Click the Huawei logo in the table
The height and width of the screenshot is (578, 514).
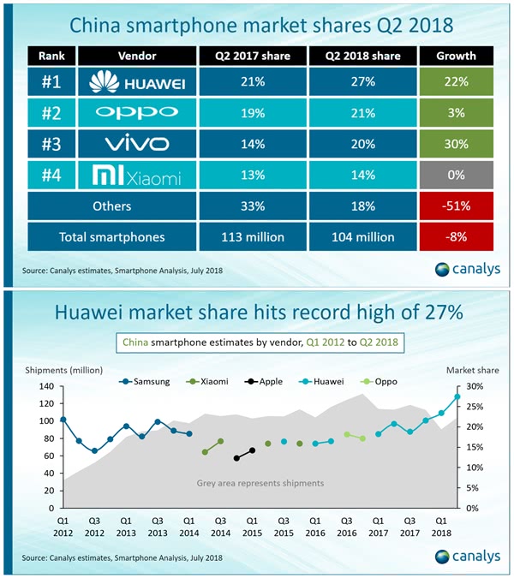[136, 83]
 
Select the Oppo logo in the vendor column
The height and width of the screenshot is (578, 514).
[136, 112]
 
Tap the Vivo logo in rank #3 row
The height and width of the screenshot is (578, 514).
[136, 142]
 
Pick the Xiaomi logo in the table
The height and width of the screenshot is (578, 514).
[136, 177]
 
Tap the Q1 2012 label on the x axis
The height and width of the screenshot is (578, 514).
[63, 525]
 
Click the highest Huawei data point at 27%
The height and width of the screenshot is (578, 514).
[457, 396]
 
